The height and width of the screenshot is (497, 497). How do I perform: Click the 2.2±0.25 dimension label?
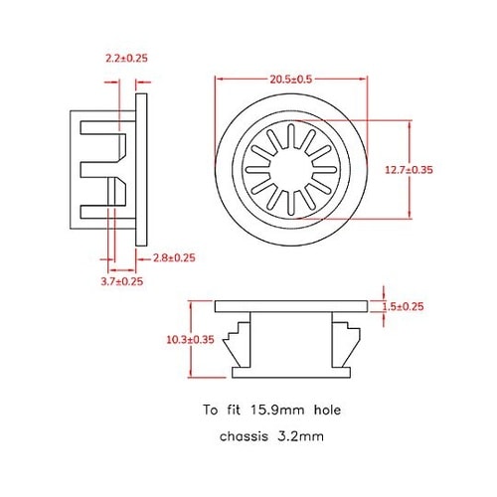click(x=126, y=59)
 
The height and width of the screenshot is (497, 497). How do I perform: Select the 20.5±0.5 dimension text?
click(x=289, y=80)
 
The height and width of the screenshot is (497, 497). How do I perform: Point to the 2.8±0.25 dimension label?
click(x=174, y=258)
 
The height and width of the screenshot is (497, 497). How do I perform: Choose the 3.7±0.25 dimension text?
click(x=122, y=282)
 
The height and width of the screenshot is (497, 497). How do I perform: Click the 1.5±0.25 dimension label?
click(x=403, y=307)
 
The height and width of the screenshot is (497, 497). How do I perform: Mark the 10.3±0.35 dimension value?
click(x=191, y=339)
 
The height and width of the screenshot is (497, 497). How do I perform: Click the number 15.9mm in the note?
click(x=274, y=409)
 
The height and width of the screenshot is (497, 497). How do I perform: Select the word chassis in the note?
click(x=248, y=436)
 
